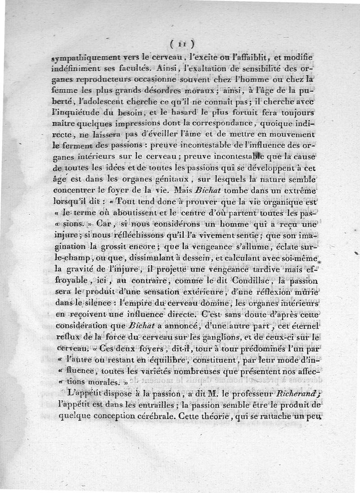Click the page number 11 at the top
(x=182, y=44)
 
